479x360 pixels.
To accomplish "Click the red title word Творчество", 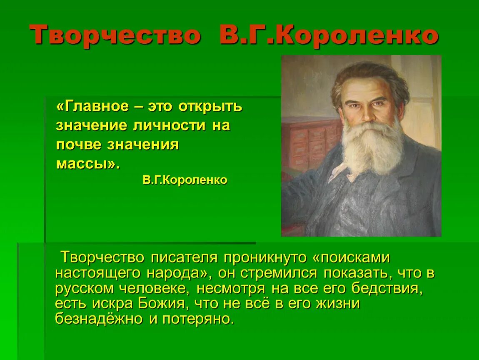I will click(x=115, y=35).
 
